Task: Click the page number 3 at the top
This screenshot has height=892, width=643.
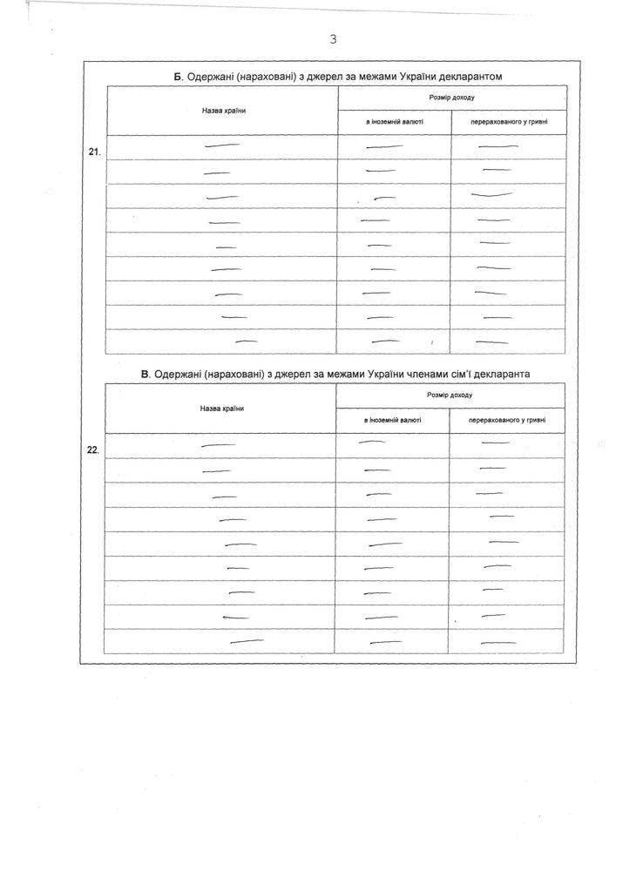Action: coord(333,39)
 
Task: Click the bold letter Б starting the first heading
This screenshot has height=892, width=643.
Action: coord(178,77)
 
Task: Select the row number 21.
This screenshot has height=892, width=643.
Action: coord(95,152)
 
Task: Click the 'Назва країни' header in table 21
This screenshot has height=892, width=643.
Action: coord(222,111)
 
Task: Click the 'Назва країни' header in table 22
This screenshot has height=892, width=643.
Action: coord(221,408)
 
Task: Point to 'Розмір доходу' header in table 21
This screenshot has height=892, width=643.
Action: coord(452,98)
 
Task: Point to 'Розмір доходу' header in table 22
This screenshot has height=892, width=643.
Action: coord(450,395)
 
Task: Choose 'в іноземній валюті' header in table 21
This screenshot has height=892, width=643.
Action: coord(394,123)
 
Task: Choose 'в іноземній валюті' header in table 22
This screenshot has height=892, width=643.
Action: coord(392,420)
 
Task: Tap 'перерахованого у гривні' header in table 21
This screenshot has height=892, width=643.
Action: coord(509,123)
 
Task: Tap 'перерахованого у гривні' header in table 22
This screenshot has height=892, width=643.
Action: coord(507,420)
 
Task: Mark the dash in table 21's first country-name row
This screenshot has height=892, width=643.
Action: coord(221,146)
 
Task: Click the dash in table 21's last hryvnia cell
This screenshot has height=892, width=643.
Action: coord(497,341)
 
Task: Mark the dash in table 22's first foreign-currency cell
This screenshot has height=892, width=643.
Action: coord(372,443)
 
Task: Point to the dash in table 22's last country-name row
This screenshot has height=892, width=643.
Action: coord(247,642)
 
